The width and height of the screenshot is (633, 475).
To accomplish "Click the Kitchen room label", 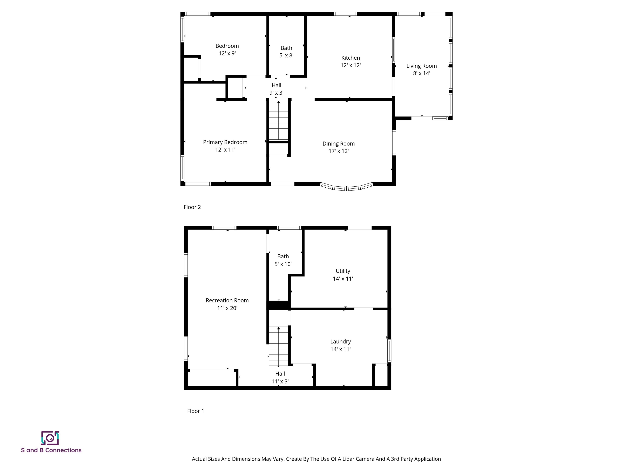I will coord(350,61).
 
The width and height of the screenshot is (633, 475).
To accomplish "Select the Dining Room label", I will coord(338,147).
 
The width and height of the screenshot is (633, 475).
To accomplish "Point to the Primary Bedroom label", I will coord(225,146).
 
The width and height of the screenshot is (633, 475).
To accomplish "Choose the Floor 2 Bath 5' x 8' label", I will coord(286,52).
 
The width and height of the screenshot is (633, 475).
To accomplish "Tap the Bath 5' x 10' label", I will coord(283,260).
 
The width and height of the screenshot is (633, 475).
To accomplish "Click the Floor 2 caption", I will coord(192,207).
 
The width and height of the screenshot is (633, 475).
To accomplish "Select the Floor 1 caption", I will coord(196,411).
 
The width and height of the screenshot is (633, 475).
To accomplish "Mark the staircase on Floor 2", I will coord(278,121).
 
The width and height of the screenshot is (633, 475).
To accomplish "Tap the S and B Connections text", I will coord(51,450).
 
